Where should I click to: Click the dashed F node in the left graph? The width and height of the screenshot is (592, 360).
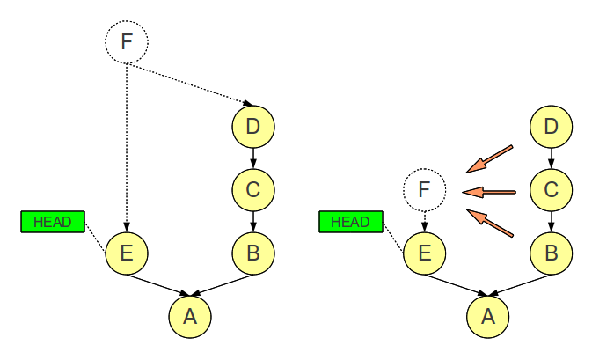[x=127, y=41]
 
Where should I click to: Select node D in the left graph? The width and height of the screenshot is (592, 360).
[x=253, y=127]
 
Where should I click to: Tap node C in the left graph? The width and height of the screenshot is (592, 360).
[x=253, y=188]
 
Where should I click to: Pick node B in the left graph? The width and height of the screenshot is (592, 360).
[x=253, y=254]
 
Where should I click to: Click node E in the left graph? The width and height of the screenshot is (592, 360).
[x=127, y=254]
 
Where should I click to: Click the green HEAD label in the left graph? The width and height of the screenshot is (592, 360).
[x=52, y=222]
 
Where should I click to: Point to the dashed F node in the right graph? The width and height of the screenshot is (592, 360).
[x=424, y=189]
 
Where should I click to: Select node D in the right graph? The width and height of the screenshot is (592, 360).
[x=552, y=127]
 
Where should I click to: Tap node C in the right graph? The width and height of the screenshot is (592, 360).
[x=552, y=188]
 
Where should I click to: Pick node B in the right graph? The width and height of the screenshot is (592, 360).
[x=552, y=254]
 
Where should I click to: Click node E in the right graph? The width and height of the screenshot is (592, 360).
[x=424, y=254]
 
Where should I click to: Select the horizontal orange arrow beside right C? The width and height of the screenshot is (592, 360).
[x=489, y=191]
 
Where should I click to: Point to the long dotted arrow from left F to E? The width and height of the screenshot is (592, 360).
[x=127, y=150]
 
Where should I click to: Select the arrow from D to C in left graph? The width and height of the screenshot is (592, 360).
[x=253, y=158]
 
